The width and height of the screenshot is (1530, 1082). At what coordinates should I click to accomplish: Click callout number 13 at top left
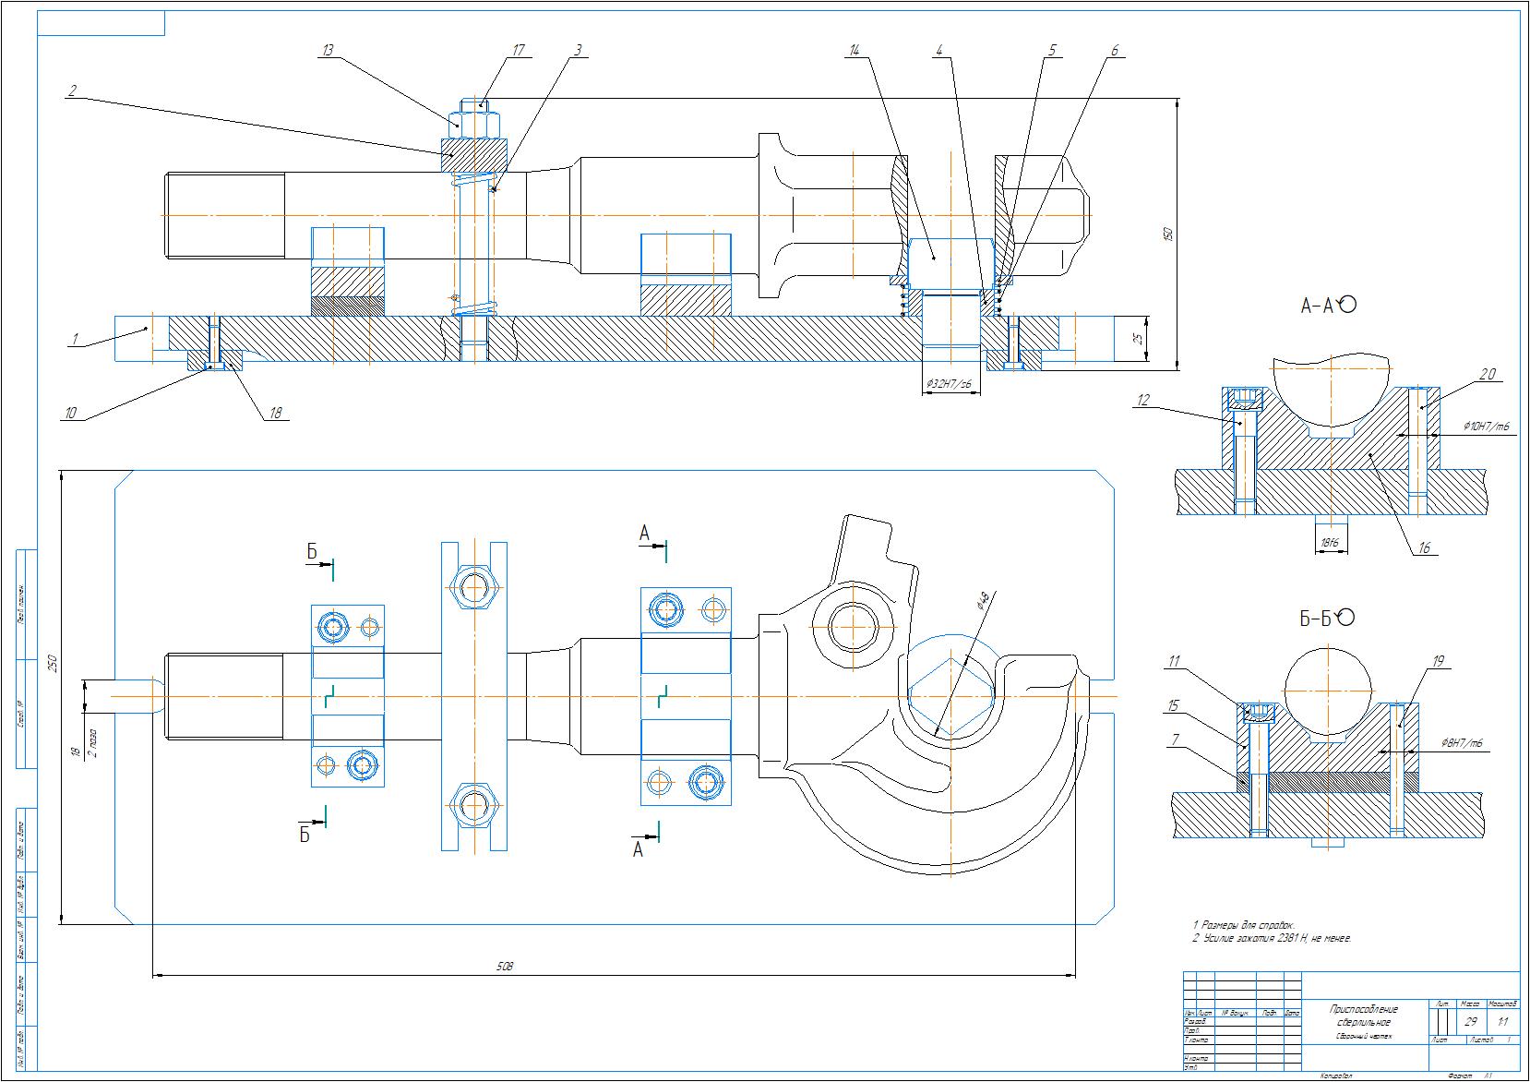tap(327, 51)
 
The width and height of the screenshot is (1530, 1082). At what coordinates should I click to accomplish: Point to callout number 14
tap(855, 51)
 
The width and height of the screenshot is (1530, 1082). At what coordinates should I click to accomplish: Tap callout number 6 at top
tap(1114, 51)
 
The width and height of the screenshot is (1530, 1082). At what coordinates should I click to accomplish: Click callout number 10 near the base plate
tap(70, 413)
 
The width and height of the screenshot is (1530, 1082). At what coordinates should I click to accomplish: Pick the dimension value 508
tap(504, 966)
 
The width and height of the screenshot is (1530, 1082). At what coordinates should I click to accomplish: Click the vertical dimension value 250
tap(53, 663)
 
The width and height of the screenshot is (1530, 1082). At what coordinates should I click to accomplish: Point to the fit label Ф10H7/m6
tap(1486, 427)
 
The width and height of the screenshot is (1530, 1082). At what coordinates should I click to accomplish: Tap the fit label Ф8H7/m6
tap(1463, 743)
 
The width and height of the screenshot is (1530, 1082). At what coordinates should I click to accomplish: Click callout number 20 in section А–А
tap(1487, 375)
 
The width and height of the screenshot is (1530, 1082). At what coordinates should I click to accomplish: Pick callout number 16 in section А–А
tap(1424, 548)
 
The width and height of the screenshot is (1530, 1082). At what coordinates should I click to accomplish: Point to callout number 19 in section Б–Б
tap(1438, 661)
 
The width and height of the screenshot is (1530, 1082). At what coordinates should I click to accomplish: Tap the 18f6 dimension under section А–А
tap(1329, 543)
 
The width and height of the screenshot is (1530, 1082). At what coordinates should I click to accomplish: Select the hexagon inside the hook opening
tap(950, 698)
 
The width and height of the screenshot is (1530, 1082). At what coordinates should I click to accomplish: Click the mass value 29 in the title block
tap(1471, 1022)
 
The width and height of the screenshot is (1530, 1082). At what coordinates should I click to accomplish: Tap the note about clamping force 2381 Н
tap(1272, 938)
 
